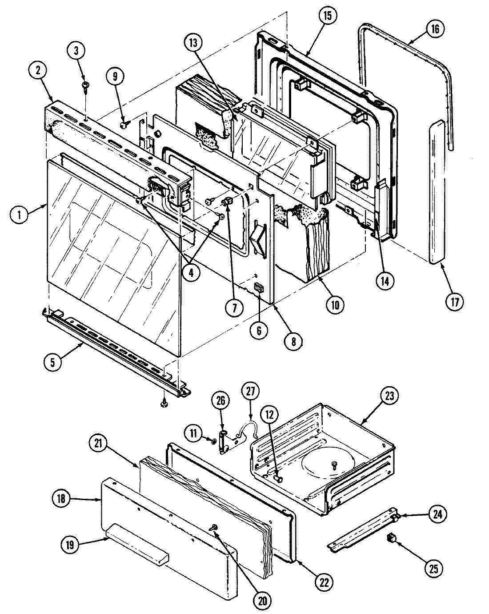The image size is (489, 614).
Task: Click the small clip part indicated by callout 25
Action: click(x=391, y=538)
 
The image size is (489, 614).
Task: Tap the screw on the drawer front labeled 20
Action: click(x=214, y=527)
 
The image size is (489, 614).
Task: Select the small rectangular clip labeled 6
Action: click(x=258, y=288)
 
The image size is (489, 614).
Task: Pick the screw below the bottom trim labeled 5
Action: click(x=165, y=404)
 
